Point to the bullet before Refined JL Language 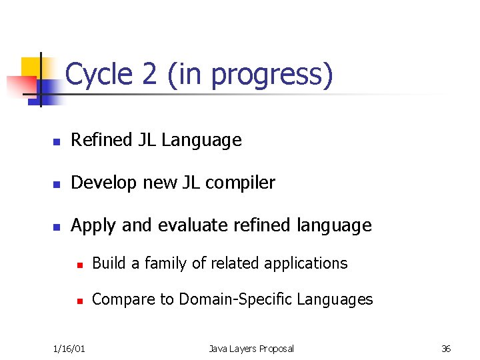[x=57, y=142]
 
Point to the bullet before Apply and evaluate [x=57, y=227]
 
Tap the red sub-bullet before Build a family [x=79, y=265]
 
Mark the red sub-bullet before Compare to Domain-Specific [x=79, y=301]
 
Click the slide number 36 [x=446, y=349]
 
